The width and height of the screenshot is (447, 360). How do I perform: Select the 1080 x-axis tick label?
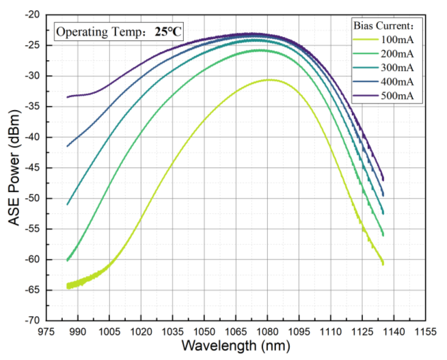pos(267,331)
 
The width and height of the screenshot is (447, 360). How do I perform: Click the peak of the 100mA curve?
pos(269,80)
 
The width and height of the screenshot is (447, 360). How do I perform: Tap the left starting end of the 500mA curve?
pos(67,96)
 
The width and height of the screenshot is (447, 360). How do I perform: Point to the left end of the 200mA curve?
pos(67,260)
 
